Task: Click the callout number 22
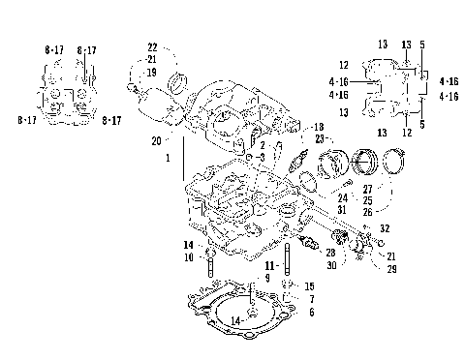click(152, 47)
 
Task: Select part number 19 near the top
click(152, 71)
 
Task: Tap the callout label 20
click(156, 140)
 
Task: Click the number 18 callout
click(318, 128)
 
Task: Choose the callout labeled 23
click(318, 139)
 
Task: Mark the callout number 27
click(367, 190)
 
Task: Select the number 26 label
click(367, 212)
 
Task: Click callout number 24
click(343, 197)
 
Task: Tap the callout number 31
click(343, 211)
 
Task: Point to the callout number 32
click(386, 228)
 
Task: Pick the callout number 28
click(330, 252)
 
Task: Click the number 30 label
click(330, 265)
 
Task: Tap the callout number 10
click(189, 256)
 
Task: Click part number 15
click(310, 286)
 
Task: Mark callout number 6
click(310, 313)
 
